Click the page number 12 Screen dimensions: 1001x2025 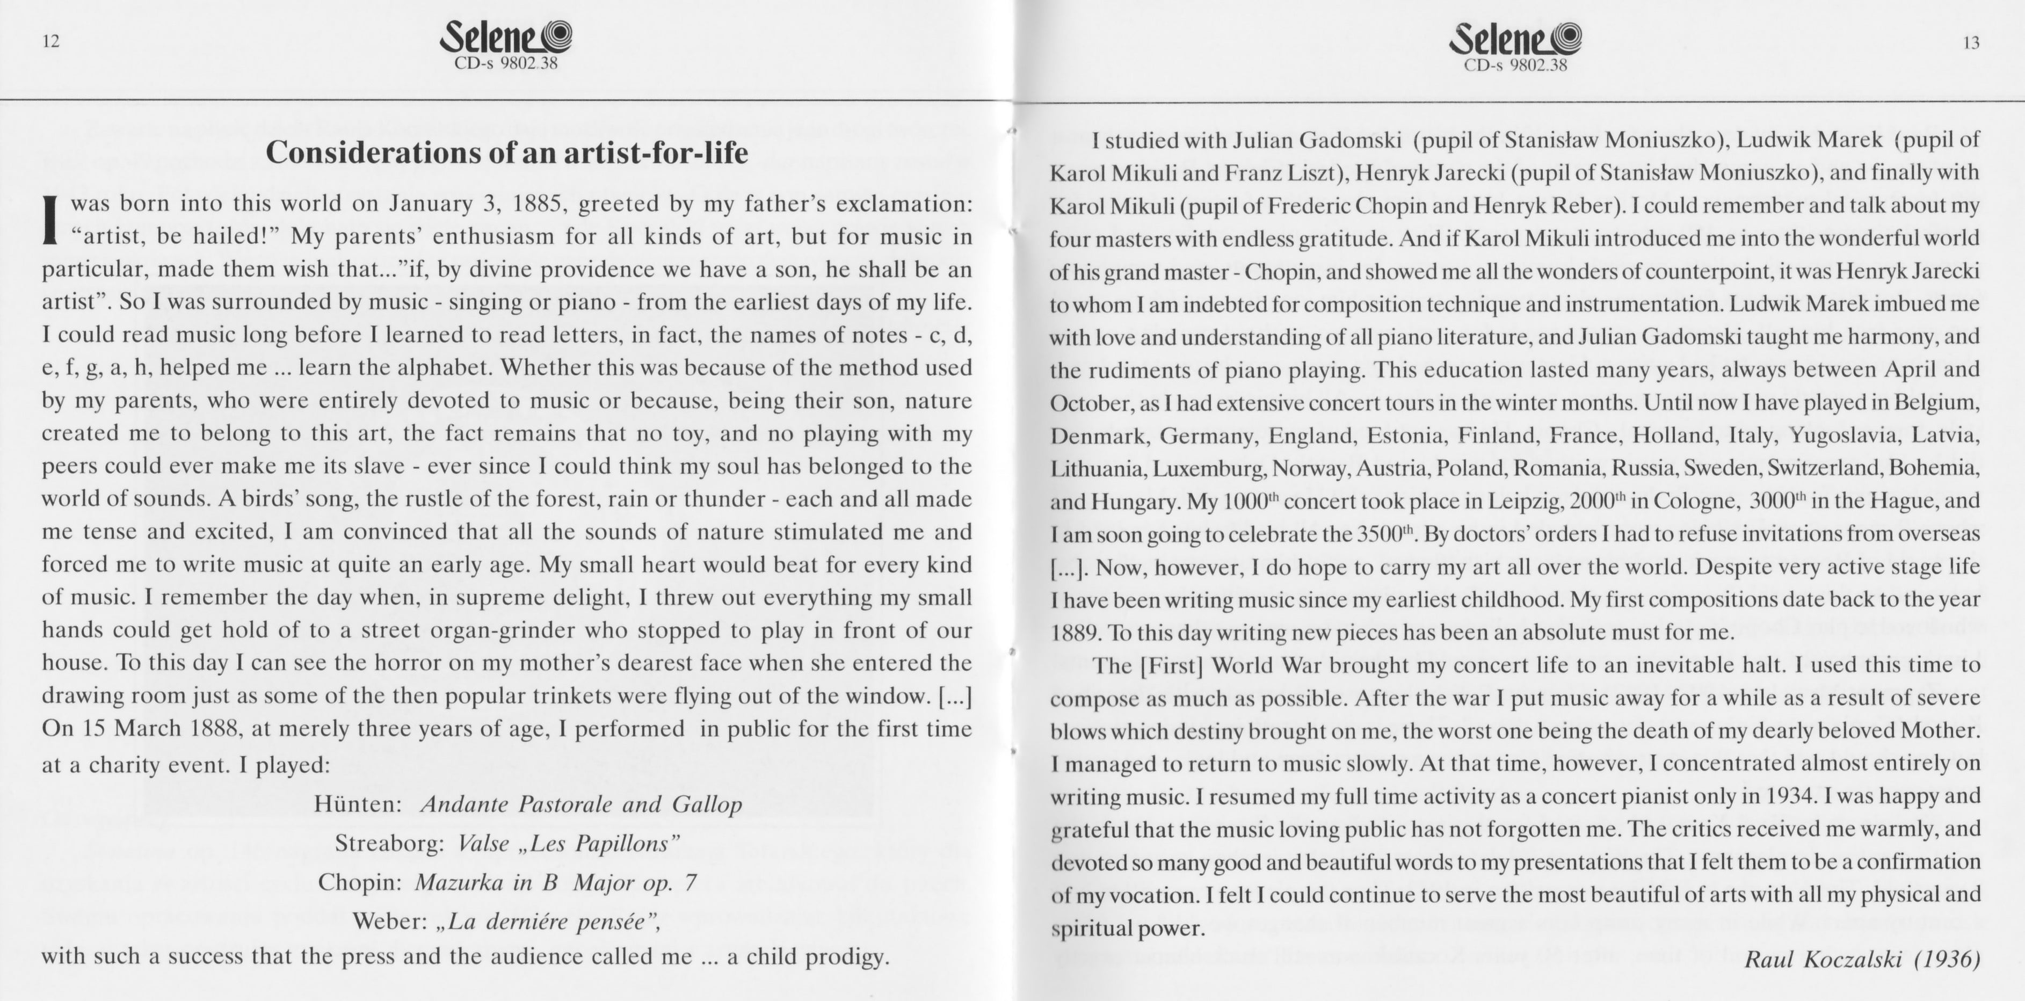51,42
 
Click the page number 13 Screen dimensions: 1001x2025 1971,43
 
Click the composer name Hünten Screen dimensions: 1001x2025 358,804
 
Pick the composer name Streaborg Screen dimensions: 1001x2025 390,844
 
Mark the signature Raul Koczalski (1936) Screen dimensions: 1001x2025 1862,960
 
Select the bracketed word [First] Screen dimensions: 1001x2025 1171,666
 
